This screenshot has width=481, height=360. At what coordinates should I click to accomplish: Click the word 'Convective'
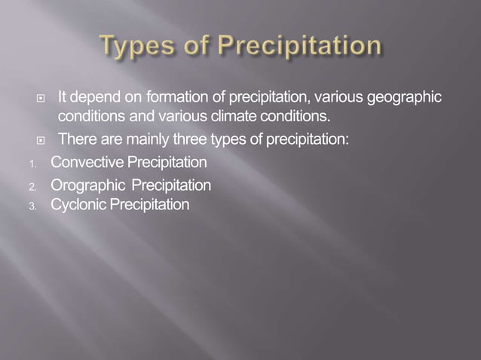click(x=86, y=162)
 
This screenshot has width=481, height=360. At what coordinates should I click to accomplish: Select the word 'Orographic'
click(x=86, y=185)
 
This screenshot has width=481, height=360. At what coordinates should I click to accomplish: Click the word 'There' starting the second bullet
click(x=75, y=139)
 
